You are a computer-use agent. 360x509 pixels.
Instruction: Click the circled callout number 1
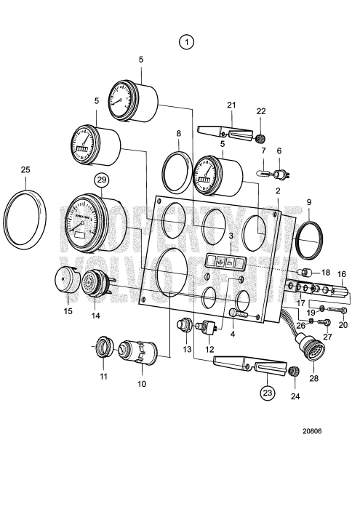[x=188, y=43]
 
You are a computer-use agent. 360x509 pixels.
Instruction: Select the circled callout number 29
[x=101, y=178]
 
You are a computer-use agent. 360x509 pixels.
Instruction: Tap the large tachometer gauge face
[x=82, y=223]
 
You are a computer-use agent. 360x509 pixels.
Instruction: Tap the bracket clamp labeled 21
[x=227, y=132]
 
